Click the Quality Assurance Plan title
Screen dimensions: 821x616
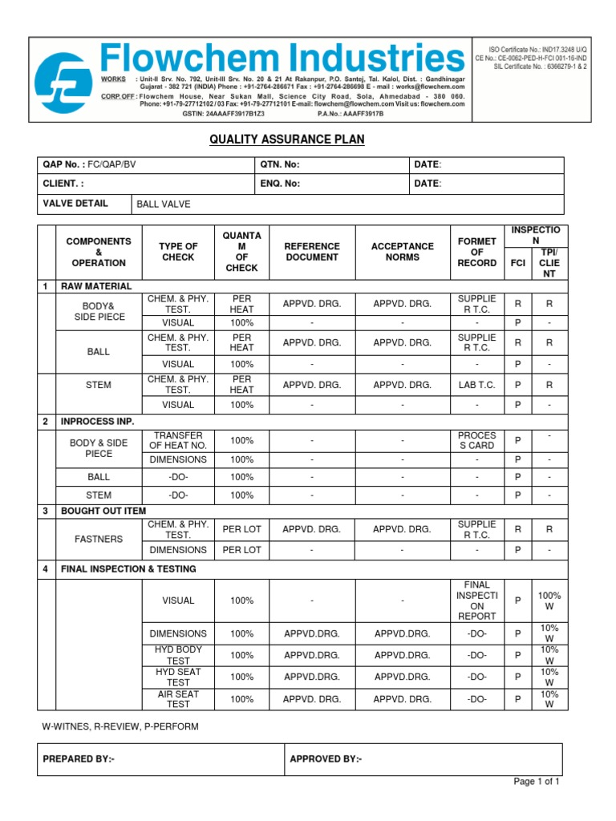(x=286, y=140)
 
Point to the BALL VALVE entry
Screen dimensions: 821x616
(x=164, y=204)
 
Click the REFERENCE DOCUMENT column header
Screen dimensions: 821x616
(x=313, y=252)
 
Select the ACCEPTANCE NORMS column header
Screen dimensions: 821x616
(x=403, y=252)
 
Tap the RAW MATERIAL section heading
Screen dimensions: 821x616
(x=96, y=286)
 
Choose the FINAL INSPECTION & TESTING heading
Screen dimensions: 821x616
(x=128, y=568)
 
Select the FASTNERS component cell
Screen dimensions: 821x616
(x=99, y=539)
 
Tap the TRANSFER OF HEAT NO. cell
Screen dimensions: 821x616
(x=178, y=440)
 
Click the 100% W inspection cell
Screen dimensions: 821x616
(x=549, y=601)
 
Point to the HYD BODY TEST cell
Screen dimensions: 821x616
(x=178, y=655)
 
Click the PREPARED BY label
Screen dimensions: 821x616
(x=79, y=759)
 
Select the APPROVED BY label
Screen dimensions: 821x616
(x=326, y=759)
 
